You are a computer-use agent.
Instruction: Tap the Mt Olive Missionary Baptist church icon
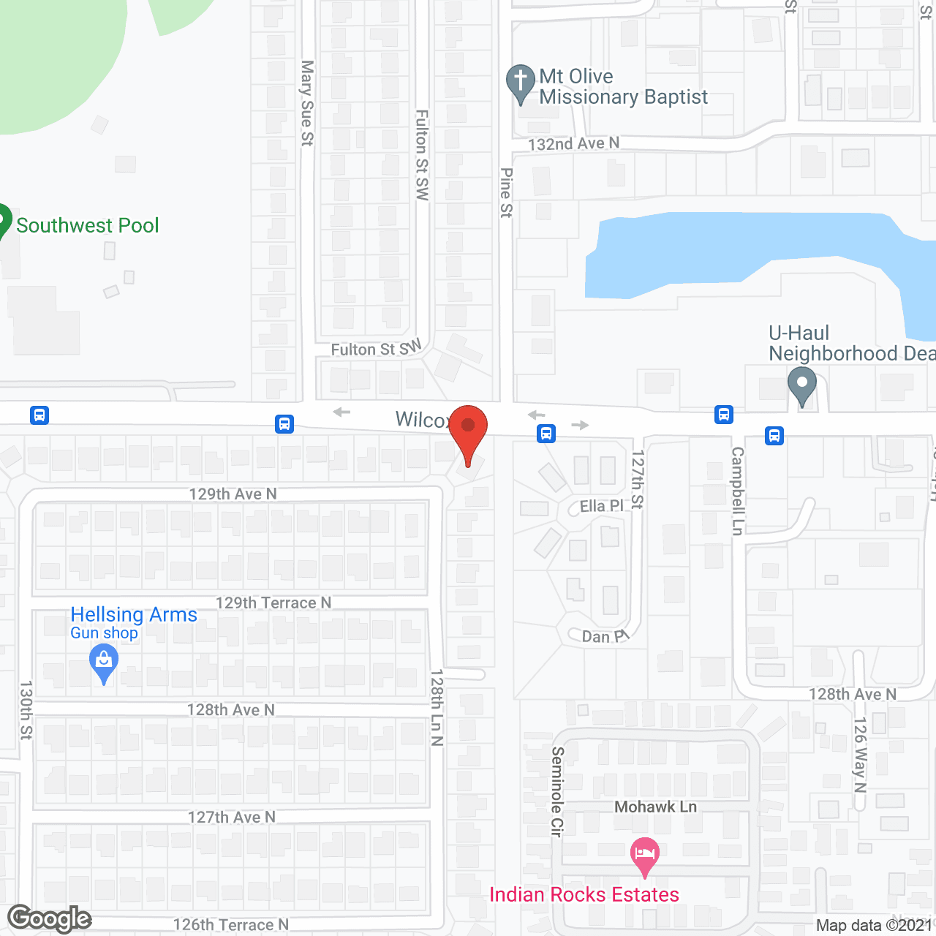[x=520, y=82]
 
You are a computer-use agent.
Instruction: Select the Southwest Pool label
[x=87, y=225]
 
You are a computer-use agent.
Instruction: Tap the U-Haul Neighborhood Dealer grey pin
[x=802, y=384]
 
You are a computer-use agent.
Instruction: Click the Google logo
[x=50, y=918]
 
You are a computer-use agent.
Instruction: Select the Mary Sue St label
[x=307, y=103]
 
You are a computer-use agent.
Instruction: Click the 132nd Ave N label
[x=573, y=144]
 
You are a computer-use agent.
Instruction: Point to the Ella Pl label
[x=602, y=506]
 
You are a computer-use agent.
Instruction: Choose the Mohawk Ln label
[x=655, y=807]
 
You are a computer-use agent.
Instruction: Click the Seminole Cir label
[x=557, y=791]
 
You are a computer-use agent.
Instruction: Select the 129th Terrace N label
[x=273, y=603]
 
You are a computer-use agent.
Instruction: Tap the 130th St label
[x=26, y=709]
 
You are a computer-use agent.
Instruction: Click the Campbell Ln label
[x=737, y=491]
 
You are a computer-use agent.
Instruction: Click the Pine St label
[x=506, y=193]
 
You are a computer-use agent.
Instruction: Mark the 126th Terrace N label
[x=231, y=925]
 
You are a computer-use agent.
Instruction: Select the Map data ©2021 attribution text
[x=874, y=925]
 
